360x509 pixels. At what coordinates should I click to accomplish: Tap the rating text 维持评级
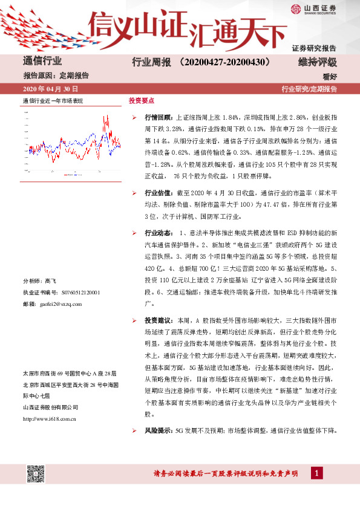tap(317, 62)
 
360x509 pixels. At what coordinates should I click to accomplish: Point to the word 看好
tap(329, 76)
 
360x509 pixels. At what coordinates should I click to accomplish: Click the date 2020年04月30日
tap(49, 89)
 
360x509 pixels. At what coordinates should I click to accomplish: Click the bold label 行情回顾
tap(159, 116)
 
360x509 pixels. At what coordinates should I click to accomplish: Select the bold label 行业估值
tap(159, 192)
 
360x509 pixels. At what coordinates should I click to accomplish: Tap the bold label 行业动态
tap(159, 233)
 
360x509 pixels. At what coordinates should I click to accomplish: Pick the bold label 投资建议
tap(159, 319)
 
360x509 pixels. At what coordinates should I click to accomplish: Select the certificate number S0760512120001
tap(74, 293)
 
